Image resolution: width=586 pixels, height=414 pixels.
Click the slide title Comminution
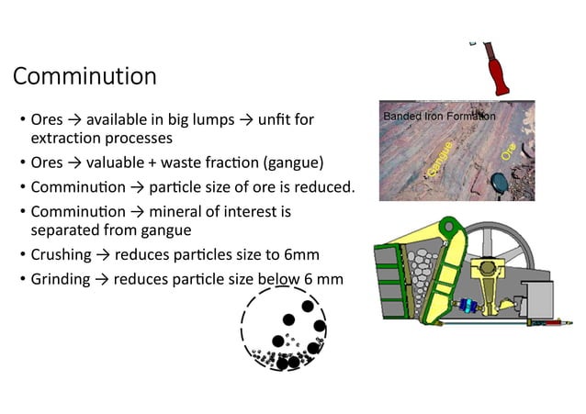85,75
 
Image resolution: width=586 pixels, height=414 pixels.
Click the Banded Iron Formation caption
438,117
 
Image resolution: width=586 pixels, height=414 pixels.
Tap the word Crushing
62,254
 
